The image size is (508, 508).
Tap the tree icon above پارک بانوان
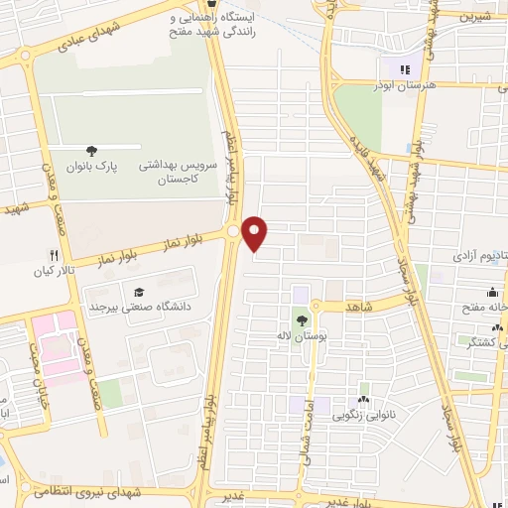pos(91,152)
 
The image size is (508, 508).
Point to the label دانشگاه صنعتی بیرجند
pos(145,308)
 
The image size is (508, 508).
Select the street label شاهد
pos(358,309)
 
